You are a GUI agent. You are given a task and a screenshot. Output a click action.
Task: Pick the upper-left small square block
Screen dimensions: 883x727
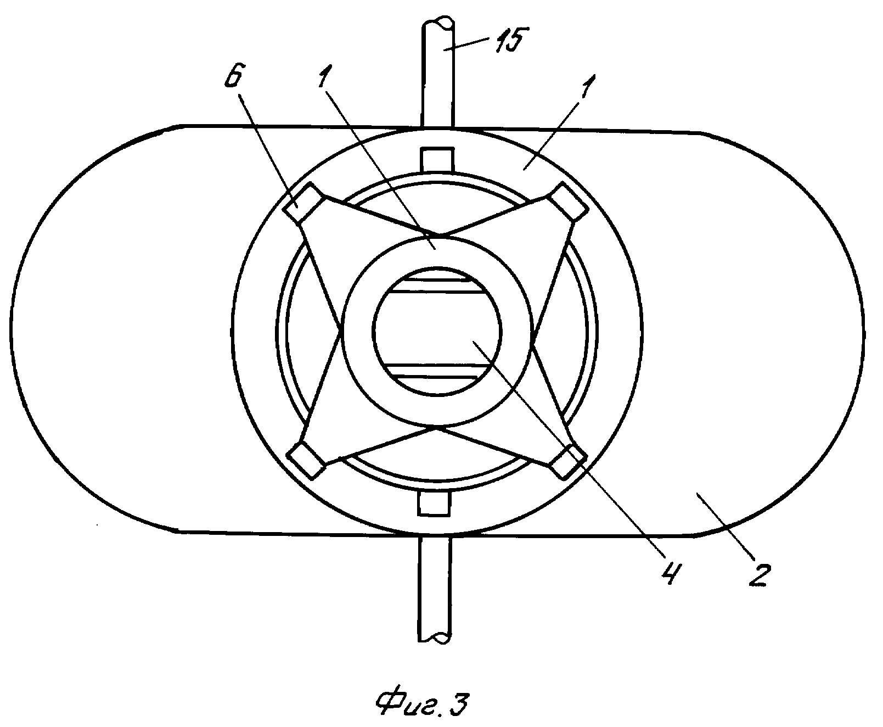[x=299, y=204]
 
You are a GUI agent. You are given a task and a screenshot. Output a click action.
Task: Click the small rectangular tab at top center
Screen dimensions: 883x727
[x=437, y=159]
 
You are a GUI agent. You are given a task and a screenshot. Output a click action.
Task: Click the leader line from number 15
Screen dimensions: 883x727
[x=475, y=43]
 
